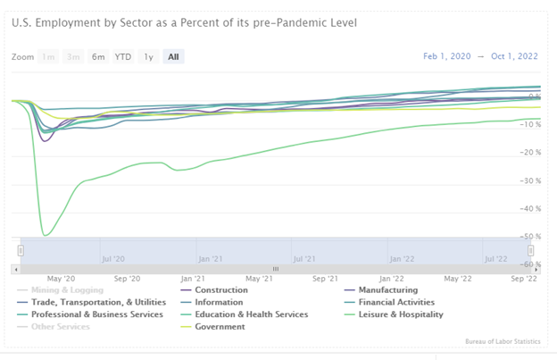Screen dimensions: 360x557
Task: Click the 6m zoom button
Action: [x=98, y=57]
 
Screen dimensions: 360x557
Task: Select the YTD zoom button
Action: [x=122, y=57]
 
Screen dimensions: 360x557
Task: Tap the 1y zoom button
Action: [x=148, y=57]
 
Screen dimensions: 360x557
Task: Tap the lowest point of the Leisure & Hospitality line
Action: [x=45, y=235]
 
